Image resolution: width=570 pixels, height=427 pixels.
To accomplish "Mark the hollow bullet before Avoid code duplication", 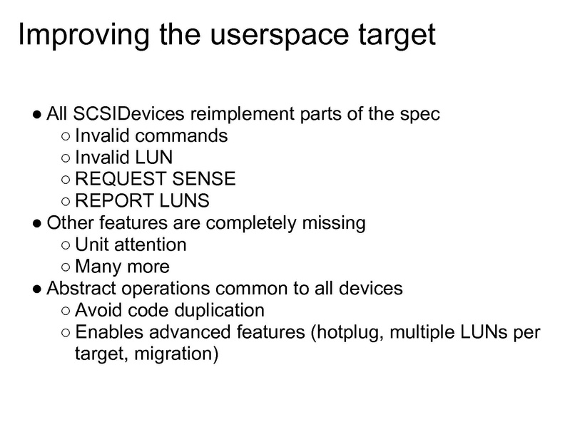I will pos(66,312).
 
